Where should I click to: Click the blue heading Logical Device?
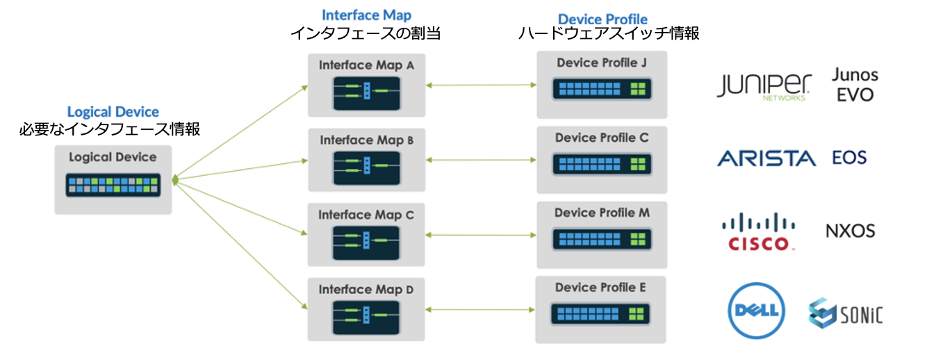pyautogui.click(x=113, y=112)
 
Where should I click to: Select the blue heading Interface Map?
pyautogui.click(x=366, y=15)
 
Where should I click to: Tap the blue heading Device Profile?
pyautogui.click(x=602, y=19)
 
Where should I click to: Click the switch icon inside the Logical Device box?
pyautogui.click(x=113, y=185)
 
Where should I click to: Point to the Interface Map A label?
pyautogui.click(x=366, y=65)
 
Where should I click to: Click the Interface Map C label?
pyautogui.click(x=366, y=215)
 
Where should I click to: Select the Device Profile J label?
pyautogui.click(x=601, y=63)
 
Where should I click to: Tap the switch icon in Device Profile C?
pyautogui.click(x=601, y=164)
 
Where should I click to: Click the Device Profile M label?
pyautogui.click(x=602, y=213)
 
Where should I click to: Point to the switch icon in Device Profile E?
pyautogui.click(x=601, y=313)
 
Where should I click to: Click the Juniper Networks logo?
pyautogui.click(x=764, y=86)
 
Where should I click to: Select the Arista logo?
pyautogui.click(x=766, y=158)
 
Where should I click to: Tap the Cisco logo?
pyautogui.click(x=758, y=232)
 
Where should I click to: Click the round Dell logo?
pyautogui.click(x=756, y=311)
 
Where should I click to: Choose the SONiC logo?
pyautogui.click(x=846, y=313)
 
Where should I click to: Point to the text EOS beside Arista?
pyautogui.click(x=849, y=158)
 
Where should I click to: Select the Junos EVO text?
pyautogui.click(x=855, y=85)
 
